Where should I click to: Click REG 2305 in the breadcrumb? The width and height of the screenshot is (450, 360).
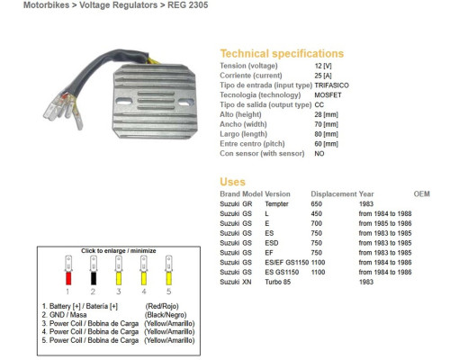[187, 5]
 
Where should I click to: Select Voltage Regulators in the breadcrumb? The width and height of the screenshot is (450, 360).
[118, 5]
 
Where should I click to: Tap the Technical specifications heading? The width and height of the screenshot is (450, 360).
[282, 53]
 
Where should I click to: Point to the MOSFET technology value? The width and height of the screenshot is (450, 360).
[328, 95]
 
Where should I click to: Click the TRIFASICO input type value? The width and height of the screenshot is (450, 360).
[331, 85]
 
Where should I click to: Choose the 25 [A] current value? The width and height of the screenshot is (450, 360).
[323, 76]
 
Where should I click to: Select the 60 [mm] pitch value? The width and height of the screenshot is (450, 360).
[326, 144]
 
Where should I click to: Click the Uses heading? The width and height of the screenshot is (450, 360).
[232, 182]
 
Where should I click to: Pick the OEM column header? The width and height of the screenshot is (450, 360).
[421, 194]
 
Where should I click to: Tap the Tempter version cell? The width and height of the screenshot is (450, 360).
[276, 204]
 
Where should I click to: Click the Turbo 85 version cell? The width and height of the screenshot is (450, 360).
[278, 282]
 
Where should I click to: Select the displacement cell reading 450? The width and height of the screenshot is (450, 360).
[317, 213]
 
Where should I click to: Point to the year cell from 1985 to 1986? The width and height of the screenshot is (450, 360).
[385, 223]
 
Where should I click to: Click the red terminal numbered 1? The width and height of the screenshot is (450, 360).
[68, 278]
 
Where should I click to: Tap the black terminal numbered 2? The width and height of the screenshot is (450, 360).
[94, 278]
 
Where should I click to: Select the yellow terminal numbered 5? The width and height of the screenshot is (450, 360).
[169, 278]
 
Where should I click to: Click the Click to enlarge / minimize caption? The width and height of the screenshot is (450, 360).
[119, 251]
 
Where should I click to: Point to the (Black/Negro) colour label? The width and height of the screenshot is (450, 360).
[166, 315]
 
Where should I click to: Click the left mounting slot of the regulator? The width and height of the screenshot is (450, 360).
[123, 102]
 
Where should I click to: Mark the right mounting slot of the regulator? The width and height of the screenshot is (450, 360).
[184, 103]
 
